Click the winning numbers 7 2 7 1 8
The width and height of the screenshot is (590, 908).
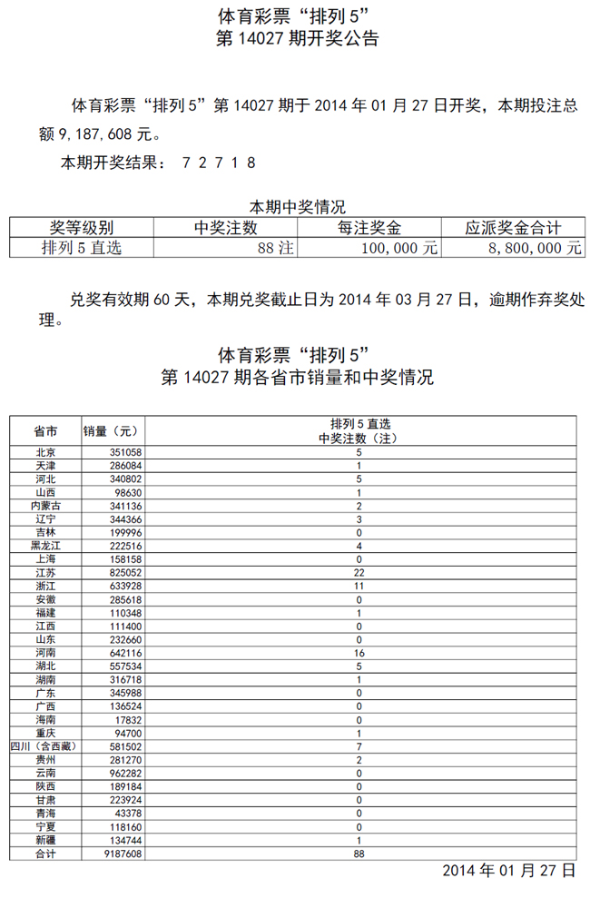(219, 163)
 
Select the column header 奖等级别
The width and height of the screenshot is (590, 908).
(82, 228)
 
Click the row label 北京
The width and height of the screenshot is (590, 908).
(45, 451)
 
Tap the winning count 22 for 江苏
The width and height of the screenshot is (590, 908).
(359, 573)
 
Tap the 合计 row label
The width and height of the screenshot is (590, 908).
(45, 854)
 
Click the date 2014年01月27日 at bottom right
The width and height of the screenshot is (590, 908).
(508, 871)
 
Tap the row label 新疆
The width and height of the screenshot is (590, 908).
(45, 841)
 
